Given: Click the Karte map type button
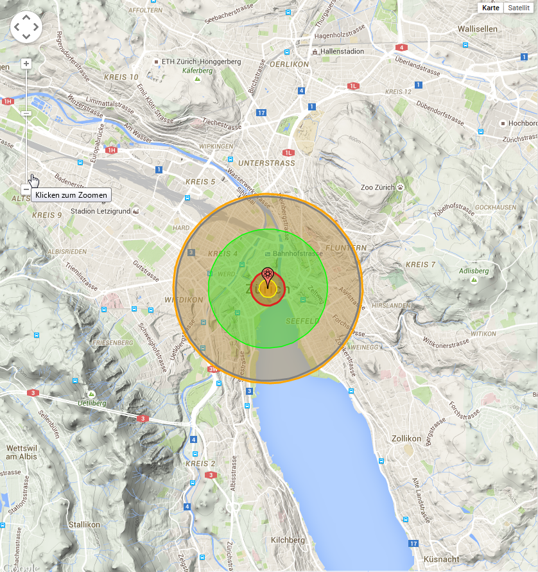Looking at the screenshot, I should pyautogui.click(x=490, y=8).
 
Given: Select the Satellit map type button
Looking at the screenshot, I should pyautogui.click(x=519, y=8).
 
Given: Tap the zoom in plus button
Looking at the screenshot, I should pyautogui.click(x=26, y=64).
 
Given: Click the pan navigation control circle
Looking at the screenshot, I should pyautogui.click(x=26, y=27).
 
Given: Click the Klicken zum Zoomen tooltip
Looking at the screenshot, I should pyautogui.click(x=71, y=195).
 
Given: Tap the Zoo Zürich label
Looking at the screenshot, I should pyautogui.click(x=380, y=187).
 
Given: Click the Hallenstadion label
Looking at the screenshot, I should pyautogui.click(x=342, y=51).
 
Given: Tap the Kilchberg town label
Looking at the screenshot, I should pyautogui.click(x=288, y=540).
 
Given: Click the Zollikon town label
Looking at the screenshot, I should pyautogui.click(x=406, y=438).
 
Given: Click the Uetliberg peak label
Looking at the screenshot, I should pyautogui.click(x=92, y=403).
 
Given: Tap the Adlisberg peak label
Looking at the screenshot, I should pyautogui.click(x=474, y=271).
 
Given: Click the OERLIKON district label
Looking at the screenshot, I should pyautogui.click(x=289, y=64).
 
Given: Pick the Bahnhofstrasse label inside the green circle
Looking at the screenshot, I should pyautogui.click(x=297, y=254).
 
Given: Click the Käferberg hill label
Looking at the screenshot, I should pyautogui.click(x=197, y=71).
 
